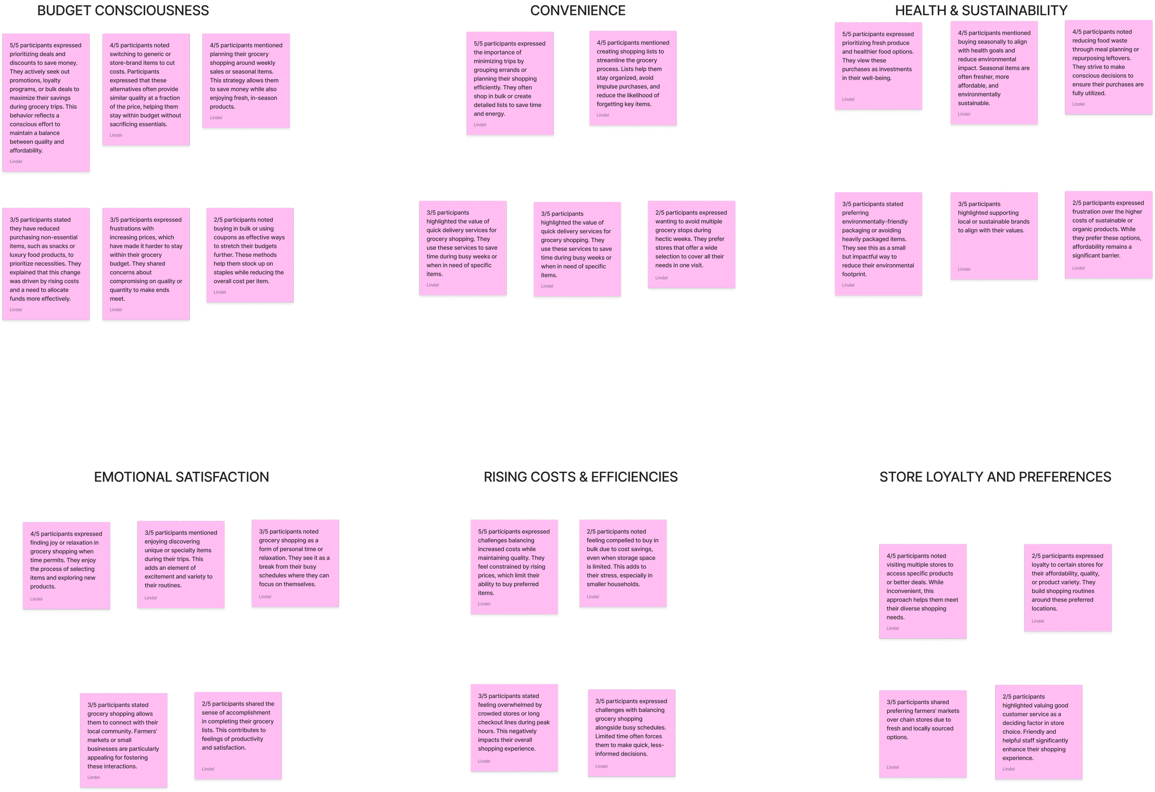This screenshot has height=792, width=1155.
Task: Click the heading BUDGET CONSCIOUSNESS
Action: coord(123,11)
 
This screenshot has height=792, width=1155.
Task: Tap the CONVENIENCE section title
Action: coord(577,11)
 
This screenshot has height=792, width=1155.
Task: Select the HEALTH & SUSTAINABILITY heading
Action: coord(981,11)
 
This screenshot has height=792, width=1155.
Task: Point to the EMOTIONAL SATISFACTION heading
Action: coord(182,477)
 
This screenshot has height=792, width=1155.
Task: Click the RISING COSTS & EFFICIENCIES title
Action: coord(580,477)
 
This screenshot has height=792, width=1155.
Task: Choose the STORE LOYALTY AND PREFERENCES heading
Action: coord(995,477)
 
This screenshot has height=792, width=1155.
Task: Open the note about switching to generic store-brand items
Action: coord(146,90)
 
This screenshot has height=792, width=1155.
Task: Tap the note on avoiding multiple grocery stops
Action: coord(691,244)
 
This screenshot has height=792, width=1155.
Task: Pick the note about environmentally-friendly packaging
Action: coord(878,244)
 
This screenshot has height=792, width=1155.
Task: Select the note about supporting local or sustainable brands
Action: coord(994,236)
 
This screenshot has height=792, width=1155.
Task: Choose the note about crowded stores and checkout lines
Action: coord(514,727)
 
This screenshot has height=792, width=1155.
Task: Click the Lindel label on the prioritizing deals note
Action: coord(16,162)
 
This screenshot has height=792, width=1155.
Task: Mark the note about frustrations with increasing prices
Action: coord(146,263)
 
